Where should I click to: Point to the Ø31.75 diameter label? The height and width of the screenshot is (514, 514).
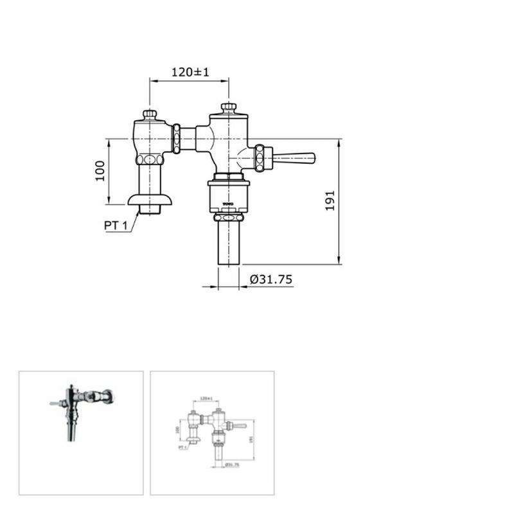[270, 279]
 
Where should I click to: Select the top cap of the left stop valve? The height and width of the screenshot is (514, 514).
[150, 115]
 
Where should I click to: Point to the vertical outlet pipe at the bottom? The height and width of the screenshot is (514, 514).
[228, 241]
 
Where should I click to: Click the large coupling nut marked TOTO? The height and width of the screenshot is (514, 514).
[228, 196]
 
